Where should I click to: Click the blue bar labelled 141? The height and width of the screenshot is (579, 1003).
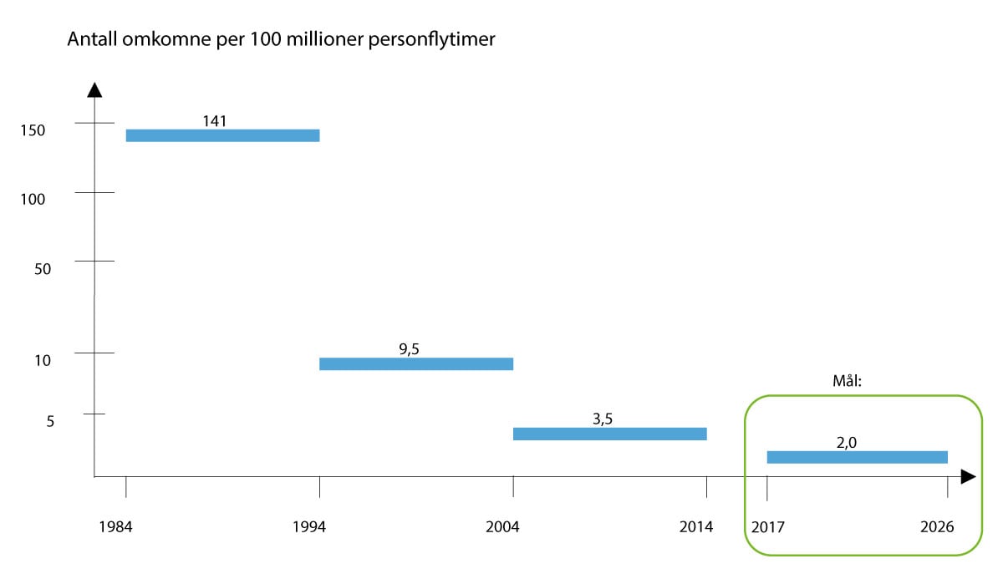(x=222, y=135)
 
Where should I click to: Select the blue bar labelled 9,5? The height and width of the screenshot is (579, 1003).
(x=416, y=363)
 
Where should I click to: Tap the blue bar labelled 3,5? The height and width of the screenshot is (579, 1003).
(x=609, y=434)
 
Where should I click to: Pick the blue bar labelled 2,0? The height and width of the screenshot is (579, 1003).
(x=857, y=457)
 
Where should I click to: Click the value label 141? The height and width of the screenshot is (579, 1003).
(x=215, y=120)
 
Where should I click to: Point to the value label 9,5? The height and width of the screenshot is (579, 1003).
(x=409, y=349)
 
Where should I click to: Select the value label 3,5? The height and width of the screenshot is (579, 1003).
(x=603, y=419)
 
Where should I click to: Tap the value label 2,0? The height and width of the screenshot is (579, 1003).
(x=847, y=444)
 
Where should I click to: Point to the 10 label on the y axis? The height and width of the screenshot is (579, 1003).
(x=43, y=361)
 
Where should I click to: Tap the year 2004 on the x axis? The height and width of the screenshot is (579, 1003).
(x=502, y=527)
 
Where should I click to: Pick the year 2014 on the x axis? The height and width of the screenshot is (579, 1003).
(x=696, y=527)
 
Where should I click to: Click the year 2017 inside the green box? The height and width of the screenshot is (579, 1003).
(x=768, y=527)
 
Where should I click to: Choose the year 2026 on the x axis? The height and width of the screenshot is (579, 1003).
(x=937, y=527)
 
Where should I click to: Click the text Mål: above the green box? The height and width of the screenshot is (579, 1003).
(x=847, y=380)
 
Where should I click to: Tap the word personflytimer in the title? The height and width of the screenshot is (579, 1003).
(x=435, y=40)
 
